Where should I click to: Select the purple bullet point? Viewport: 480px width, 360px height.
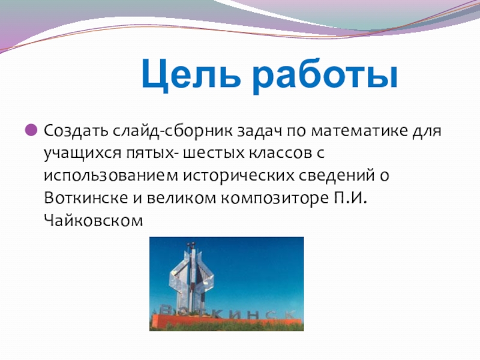tap(31, 130)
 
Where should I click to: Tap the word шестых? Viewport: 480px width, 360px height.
tap(214, 153)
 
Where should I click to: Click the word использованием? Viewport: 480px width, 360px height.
tap(111, 175)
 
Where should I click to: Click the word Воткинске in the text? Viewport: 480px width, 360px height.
tap(86, 198)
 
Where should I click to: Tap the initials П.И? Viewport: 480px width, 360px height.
tap(350, 198)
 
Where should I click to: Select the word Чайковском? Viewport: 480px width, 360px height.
tap(94, 220)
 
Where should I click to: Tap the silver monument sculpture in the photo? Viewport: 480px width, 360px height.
tap(191, 277)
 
